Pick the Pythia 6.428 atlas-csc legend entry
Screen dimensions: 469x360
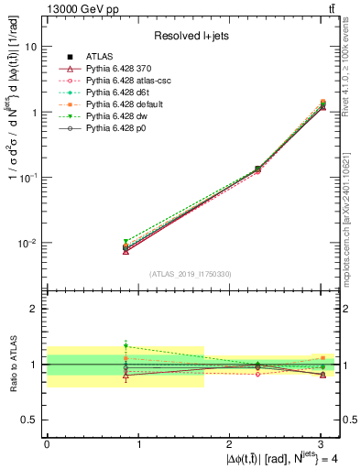129,82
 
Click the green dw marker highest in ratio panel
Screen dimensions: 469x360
125,347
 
